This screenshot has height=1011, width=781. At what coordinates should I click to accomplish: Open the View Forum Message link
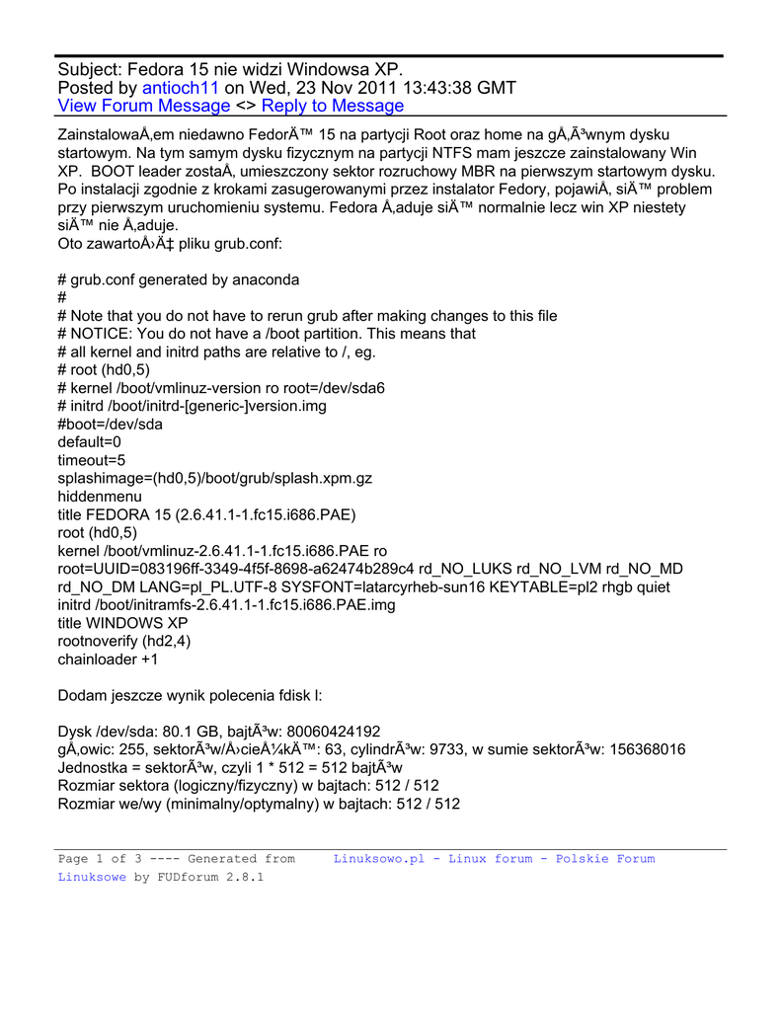point(144,106)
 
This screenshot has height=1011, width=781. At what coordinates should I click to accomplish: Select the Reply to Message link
point(333,106)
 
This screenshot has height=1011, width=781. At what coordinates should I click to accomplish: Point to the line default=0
point(90,442)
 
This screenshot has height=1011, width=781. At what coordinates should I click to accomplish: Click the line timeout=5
point(92,460)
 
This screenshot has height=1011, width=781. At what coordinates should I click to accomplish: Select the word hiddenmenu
point(100,496)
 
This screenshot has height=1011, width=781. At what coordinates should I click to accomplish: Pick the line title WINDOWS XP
point(122,623)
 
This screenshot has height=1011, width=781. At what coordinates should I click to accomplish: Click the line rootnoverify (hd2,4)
point(124,641)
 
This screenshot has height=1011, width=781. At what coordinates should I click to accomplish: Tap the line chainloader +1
point(108,659)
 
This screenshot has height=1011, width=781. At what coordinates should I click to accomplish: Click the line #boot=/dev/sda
point(111,425)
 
